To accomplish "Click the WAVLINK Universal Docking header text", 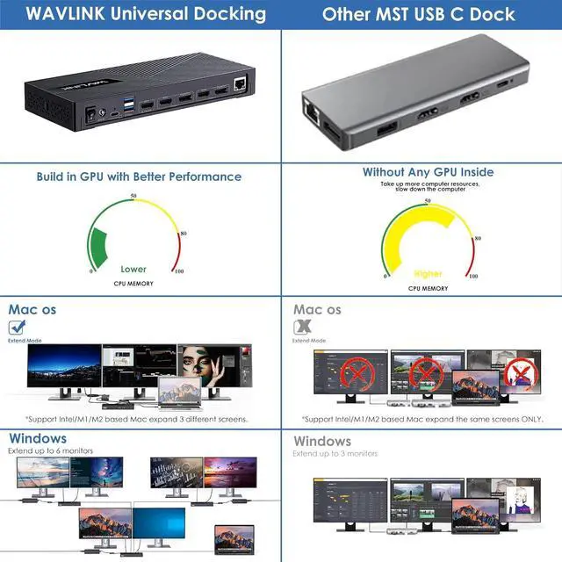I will (x=140, y=14).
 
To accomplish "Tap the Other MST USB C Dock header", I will (x=419, y=14).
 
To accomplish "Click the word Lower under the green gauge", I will (x=133, y=270).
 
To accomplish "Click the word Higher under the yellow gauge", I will (x=428, y=274).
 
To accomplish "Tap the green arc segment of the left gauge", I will (x=98, y=248).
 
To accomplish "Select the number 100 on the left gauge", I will (x=178, y=271).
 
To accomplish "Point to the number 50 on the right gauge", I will (x=428, y=201).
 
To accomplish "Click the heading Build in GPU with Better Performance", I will (x=139, y=177).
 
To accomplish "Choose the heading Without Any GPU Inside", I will (x=429, y=172).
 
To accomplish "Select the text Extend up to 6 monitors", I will (x=51, y=450).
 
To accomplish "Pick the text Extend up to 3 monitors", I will (x=335, y=454).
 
